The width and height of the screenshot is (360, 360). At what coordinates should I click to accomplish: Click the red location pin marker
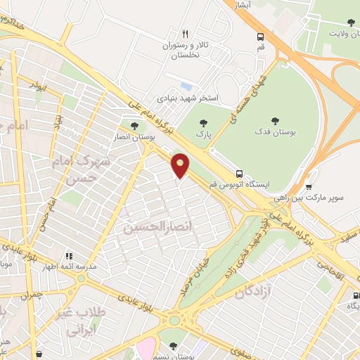181,165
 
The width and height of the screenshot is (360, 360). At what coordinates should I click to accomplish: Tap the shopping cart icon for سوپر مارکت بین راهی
309,187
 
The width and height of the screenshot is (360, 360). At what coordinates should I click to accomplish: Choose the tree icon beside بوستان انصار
134,126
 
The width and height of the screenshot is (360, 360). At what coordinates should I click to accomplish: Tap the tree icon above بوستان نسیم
173,345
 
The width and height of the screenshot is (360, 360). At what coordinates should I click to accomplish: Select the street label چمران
32,296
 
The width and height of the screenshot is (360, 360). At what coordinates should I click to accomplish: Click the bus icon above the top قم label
261,37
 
